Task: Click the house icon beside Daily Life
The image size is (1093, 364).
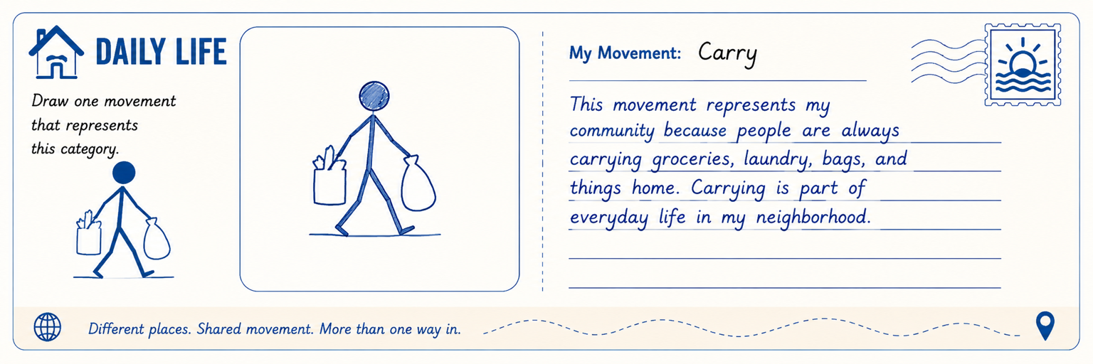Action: [56, 52]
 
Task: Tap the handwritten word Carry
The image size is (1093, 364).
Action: [727, 53]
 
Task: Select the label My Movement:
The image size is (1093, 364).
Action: [625, 53]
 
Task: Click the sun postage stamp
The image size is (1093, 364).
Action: [1023, 64]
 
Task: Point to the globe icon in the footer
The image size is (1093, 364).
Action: [48, 326]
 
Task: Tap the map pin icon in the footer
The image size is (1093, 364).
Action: [1045, 326]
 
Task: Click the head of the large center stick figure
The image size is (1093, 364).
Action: [374, 96]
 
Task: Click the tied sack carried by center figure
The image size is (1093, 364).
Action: [418, 183]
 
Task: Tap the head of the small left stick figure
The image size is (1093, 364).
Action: [123, 173]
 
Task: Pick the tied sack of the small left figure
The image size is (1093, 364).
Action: [157, 239]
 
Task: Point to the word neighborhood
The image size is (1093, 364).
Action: [813, 217]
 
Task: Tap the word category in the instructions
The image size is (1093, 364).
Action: [89, 149]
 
